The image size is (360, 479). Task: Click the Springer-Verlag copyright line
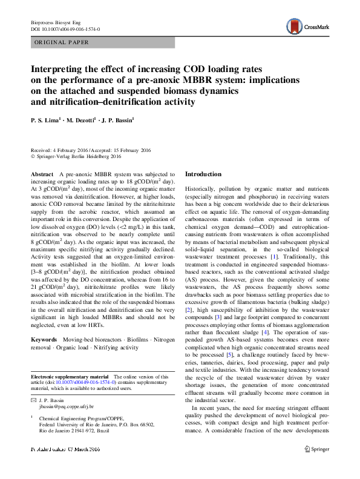(x=80, y=155)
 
